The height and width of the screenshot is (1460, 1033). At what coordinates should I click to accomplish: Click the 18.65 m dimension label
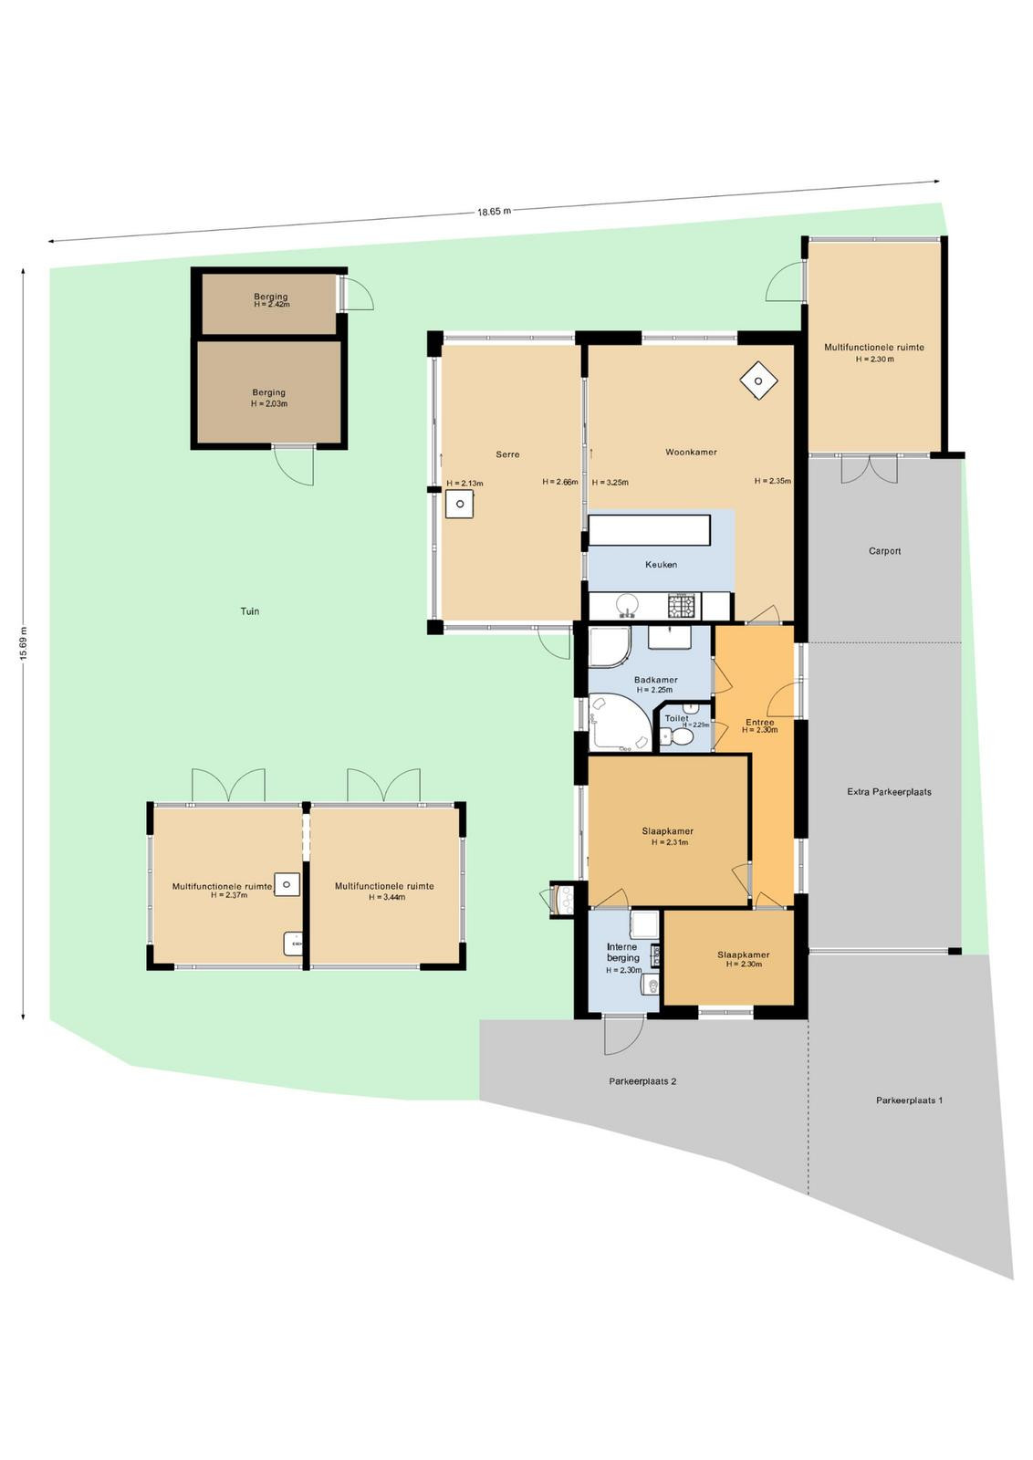pyautogui.click(x=494, y=211)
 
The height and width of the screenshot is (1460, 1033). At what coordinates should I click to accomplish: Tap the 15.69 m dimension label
pyautogui.click(x=24, y=643)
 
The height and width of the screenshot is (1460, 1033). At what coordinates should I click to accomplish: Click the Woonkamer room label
pyautogui.click(x=691, y=452)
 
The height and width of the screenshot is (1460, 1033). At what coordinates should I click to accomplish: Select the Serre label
pyautogui.click(x=507, y=454)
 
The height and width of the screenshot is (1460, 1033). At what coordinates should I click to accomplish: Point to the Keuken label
pyautogui.click(x=661, y=565)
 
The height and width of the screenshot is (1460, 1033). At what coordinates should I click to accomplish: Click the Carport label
pyautogui.click(x=884, y=551)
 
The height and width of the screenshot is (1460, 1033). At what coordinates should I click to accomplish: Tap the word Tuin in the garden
pyautogui.click(x=250, y=610)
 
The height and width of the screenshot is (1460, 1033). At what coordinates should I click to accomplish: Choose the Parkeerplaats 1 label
pyautogui.click(x=909, y=1100)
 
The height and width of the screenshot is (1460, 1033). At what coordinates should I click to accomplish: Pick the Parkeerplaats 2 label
pyautogui.click(x=642, y=1080)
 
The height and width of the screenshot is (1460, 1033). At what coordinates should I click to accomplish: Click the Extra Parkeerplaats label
pyautogui.click(x=889, y=792)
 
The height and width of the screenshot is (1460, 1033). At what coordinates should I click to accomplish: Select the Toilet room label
pyautogui.click(x=676, y=718)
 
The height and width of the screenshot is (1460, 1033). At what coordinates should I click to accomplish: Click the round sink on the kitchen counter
pyautogui.click(x=628, y=605)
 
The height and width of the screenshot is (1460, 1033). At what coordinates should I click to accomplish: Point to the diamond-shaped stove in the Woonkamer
pyautogui.click(x=758, y=381)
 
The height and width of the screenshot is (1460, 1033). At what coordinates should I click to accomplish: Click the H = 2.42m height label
pyautogui.click(x=272, y=305)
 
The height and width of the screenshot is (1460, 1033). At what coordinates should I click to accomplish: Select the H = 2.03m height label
pyautogui.click(x=269, y=403)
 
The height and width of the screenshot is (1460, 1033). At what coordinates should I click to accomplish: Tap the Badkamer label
pyautogui.click(x=655, y=680)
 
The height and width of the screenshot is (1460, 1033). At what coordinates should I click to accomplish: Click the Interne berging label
pyautogui.click(x=622, y=953)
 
